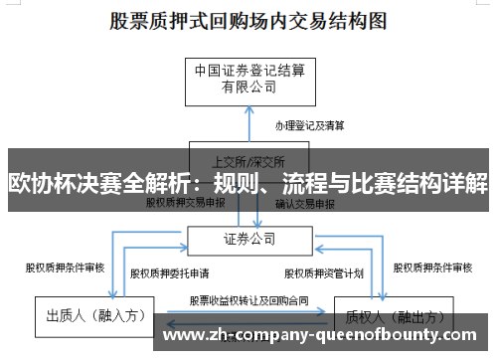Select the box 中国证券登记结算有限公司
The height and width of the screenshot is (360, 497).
pyautogui.click(x=248, y=79)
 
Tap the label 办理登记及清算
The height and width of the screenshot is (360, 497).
pyautogui.click(x=310, y=125)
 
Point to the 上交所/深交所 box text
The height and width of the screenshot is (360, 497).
pyautogui.click(x=248, y=160)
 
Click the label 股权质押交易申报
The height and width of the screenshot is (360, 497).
pyautogui.click(x=186, y=202)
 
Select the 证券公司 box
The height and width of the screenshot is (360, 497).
pyautogui.click(x=248, y=238)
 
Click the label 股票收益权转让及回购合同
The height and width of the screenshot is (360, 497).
pyautogui.click(x=248, y=297)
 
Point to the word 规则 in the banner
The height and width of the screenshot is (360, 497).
pyautogui.click(x=237, y=183)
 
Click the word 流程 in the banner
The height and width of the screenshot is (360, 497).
pyautogui.click(x=305, y=183)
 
